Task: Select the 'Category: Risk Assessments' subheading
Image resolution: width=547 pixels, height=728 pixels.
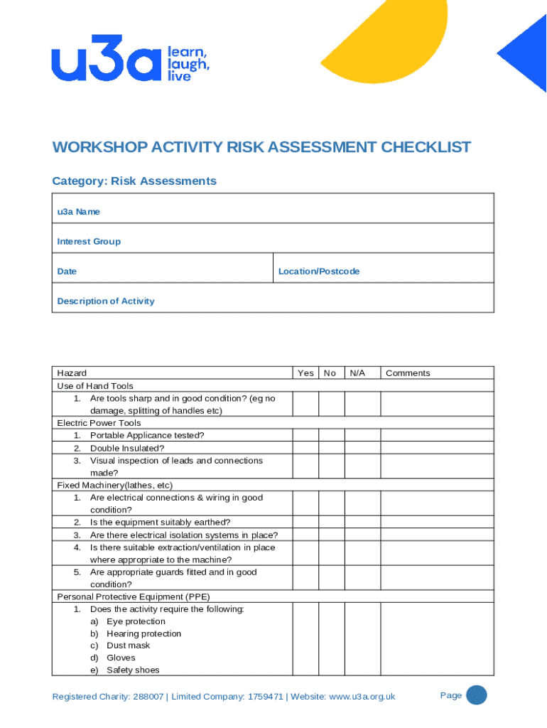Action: click(x=134, y=181)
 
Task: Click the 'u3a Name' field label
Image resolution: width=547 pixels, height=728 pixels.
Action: click(x=78, y=212)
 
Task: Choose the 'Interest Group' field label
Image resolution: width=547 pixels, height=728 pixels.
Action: click(x=89, y=242)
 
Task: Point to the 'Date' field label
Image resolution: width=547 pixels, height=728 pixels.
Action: click(x=67, y=272)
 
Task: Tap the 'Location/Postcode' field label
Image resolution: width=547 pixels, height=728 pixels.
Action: click(x=319, y=272)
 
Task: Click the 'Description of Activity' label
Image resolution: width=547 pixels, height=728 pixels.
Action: click(x=105, y=301)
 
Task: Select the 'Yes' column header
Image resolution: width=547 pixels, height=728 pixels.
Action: click(x=305, y=373)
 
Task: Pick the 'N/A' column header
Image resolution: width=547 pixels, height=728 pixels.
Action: click(x=357, y=373)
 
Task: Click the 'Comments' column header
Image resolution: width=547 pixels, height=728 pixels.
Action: click(x=408, y=373)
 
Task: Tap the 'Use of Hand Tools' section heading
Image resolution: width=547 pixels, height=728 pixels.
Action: click(x=94, y=386)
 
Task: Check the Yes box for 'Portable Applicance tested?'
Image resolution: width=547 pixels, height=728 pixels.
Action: click(x=305, y=435)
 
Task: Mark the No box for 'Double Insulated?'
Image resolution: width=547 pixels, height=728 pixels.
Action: click(x=331, y=448)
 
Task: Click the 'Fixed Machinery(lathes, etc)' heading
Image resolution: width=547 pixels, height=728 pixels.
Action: click(x=114, y=486)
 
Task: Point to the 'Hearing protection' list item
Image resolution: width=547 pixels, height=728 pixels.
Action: click(x=143, y=633)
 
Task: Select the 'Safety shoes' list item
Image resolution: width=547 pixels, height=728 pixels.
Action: click(x=133, y=670)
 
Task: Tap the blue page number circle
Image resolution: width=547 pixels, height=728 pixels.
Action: click(x=476, y=695)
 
